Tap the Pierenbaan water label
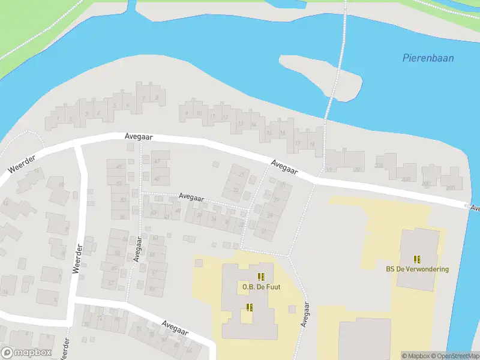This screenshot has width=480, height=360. coord(428,58)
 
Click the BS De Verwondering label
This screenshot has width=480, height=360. coord(417,269)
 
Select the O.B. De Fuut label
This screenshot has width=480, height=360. coord(261,287)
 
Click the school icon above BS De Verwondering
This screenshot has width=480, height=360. coord(417,259)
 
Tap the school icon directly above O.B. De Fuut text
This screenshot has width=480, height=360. coord(261,277)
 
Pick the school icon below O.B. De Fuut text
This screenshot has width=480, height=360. coord(250,307)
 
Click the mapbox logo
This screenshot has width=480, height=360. coord(27,353)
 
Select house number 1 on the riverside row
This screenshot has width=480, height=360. coord(58,118)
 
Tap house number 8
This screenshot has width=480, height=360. coord(157,97)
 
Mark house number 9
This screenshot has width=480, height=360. coord(187,113)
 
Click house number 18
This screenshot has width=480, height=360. coord(312,145)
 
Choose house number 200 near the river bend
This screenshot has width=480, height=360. coord(450,188)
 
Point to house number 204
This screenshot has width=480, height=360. coord(379,166)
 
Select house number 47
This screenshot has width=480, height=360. coord(157,161)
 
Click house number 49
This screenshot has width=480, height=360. coord(118,166)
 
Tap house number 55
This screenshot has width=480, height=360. coord(123,217)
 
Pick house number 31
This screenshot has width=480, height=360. coord(263,230)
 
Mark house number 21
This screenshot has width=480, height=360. coord(242,173)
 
